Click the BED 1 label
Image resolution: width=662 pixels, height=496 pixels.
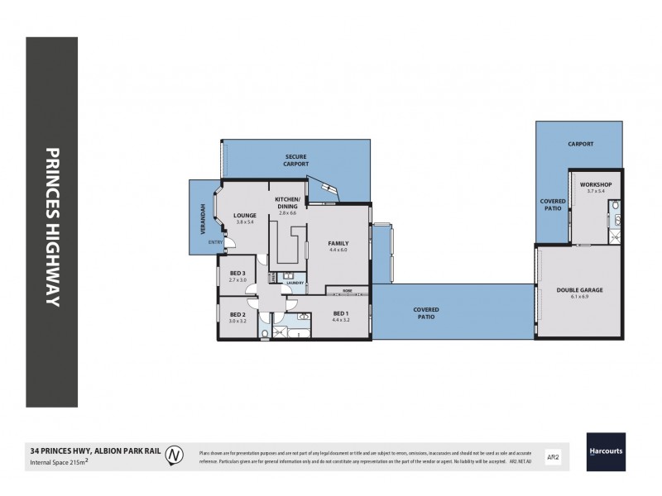[x=340, y=313]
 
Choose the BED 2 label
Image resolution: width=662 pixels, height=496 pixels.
[x=237, y=314]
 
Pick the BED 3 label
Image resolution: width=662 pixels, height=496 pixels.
[x=237, y=273]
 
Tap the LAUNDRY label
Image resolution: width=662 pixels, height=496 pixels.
[x=295, y=284]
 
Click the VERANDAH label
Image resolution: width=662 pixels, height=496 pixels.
[x=198, y=218]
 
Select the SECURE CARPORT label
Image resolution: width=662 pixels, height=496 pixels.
[x=295, y=160]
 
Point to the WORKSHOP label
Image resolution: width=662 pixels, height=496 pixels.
[x=595, y=184]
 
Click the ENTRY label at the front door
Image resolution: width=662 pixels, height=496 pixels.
[x=214, y=241]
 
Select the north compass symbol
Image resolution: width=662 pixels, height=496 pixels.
[x=175, y=454]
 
